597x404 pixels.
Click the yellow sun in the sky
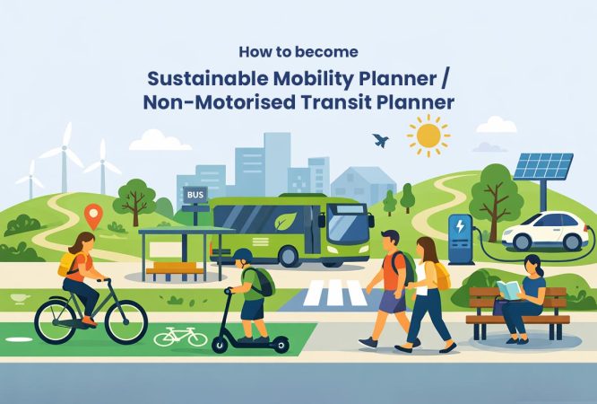pyautogui.click(x=428, y=136)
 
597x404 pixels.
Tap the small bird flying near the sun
pyautogui.click(x=381, y=141)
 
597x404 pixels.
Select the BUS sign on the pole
pyautogui.click(x=195, y=193)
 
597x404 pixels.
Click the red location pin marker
pyautogui.click(x=92, y=215)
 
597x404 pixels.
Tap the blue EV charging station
pyautogui.click(x=461, y=238)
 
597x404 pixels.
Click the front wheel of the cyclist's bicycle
pyautogui.click(x=125, y=321)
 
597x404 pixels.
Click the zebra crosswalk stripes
pyautogui.click(x=334, y=292)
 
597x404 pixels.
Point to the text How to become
pyautogui.click(x=298, y=51)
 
